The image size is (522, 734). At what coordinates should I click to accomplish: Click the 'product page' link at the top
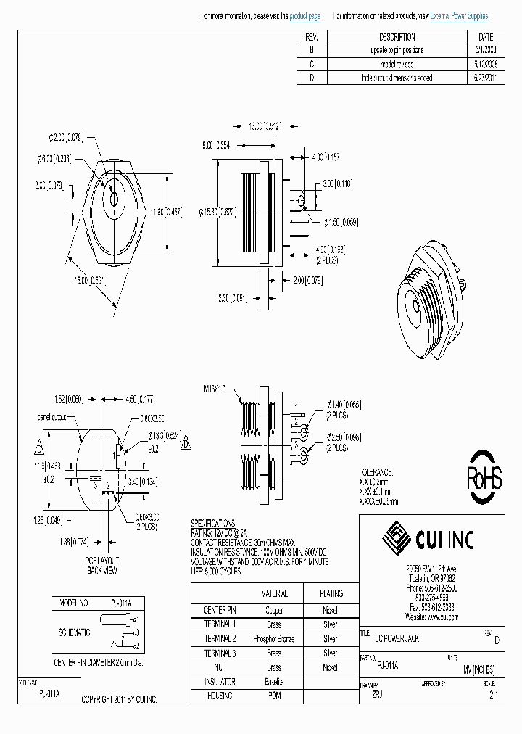point(304,16)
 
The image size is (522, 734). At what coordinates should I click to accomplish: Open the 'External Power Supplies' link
point(459,16)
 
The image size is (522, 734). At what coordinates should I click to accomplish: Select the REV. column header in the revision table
point(312,37)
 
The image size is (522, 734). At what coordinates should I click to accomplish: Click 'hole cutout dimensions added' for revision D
point(397,78)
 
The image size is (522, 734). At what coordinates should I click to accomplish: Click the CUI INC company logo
point(428,539)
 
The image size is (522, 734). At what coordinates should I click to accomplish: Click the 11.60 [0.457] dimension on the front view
point(165,212)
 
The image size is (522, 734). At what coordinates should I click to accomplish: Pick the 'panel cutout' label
point(53,418)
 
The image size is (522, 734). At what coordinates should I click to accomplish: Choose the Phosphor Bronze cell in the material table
point(273,638)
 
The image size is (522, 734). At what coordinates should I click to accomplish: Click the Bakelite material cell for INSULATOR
point(273,682)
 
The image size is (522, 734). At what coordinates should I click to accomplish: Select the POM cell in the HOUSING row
point(273,696)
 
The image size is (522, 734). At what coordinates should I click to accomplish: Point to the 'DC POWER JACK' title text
point(397,638)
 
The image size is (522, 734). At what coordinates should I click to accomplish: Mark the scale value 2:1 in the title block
point(493,694)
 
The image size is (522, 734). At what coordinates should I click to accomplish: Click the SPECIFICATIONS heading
point(212,522)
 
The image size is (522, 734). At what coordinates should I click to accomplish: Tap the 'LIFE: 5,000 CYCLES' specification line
point(225,571)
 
